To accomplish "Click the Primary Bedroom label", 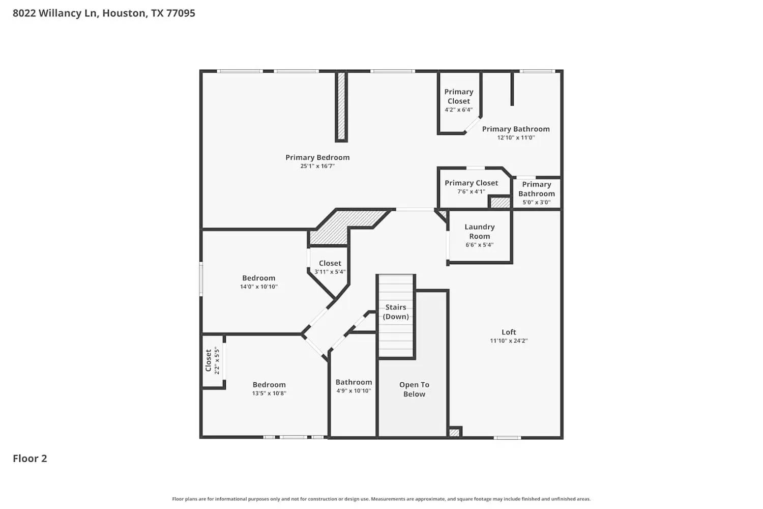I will (x=317, y=157).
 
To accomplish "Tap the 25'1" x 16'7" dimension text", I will (x=317, y=166).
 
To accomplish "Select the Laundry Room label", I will (x=479, y=231).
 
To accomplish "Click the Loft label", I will (x=509, y=332).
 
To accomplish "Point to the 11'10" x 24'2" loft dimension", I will (x=509, y=341).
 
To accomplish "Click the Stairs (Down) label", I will (x=396, y=312).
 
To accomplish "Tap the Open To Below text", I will (x=414, y=389).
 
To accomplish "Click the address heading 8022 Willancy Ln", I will (x=104, y=13).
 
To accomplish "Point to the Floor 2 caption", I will (x=30, y=458).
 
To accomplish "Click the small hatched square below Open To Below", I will (x=454, y=432).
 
